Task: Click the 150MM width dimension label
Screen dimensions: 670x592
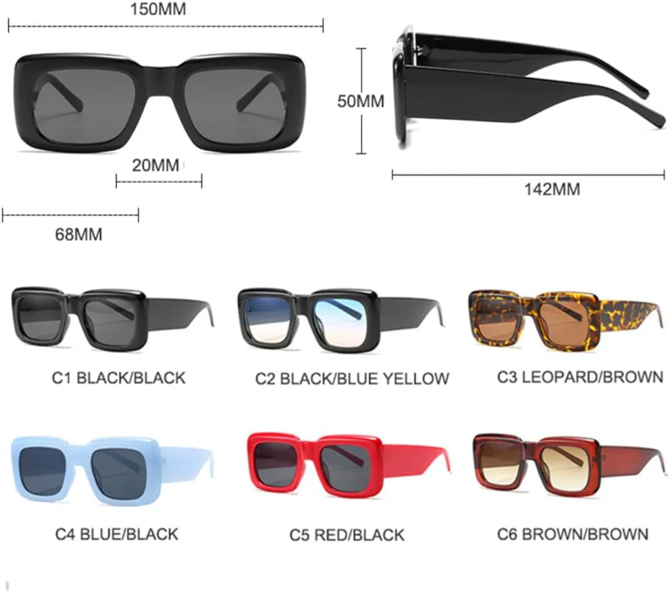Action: (158, 9)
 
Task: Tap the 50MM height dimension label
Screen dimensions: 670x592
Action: (360, 101)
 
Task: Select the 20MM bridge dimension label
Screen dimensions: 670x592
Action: (156, 165)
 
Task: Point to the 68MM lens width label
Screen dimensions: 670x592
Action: (79, 234)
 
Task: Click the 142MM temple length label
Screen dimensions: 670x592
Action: (552, 189)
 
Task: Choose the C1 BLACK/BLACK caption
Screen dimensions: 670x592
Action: (119, 378)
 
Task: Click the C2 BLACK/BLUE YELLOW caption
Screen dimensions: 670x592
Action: (352, 379)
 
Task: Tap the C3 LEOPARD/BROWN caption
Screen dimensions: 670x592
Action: (580, 377)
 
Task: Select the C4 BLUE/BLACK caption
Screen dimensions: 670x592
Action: (117, 534)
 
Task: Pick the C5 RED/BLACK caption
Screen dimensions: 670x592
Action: (346, 535)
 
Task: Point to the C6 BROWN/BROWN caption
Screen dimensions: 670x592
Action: (573, 534)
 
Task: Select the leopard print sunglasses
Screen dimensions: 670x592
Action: (567, 321)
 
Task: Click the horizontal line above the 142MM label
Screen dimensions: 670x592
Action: (528, 174)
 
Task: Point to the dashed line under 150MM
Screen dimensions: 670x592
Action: (166, 26)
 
